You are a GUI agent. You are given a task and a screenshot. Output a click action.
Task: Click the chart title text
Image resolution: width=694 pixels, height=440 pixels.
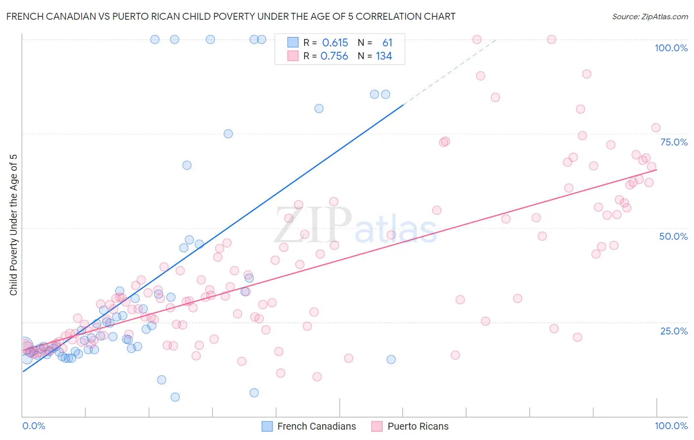(231, 16)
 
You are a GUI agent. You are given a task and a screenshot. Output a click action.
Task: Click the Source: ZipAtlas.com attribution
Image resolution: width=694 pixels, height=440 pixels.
(650, 16)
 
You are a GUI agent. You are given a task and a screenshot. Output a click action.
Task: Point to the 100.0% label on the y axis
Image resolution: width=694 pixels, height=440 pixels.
(671, 48)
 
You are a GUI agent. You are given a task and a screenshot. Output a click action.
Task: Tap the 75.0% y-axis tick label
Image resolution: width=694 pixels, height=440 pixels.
(674, 142)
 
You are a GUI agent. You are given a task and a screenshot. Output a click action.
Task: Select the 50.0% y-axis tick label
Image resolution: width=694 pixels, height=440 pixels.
(673, 236)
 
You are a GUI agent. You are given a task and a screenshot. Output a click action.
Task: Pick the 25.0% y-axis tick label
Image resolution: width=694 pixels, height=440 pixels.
(674, 330)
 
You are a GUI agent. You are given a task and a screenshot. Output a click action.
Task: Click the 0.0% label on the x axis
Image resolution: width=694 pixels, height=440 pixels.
(34, 426)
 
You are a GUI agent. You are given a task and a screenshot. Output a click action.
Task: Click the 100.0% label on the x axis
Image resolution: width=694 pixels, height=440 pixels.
(671, 426)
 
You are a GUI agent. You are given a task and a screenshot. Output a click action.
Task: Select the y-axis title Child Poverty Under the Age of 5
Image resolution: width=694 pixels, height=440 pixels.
(14, 225)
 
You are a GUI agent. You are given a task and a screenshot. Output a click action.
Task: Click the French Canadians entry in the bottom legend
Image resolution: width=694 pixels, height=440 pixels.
(316, 426)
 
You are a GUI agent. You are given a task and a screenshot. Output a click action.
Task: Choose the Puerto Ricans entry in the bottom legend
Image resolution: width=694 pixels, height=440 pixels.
(418, 426)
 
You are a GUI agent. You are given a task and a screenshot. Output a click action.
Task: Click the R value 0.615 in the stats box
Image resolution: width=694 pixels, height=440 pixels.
(335, 43)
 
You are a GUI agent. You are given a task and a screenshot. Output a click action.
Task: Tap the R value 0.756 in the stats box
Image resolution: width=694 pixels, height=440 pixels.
(334, 56)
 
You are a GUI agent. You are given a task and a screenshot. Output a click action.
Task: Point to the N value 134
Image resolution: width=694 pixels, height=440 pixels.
(384, 56)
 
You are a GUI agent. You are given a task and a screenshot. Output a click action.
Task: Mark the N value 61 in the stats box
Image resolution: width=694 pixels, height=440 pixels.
(387, 43)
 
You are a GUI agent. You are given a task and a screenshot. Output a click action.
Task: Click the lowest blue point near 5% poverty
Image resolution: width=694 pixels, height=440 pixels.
(175, 397)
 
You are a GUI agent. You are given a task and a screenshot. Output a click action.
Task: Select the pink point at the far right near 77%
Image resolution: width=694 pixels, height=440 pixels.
(655, 128)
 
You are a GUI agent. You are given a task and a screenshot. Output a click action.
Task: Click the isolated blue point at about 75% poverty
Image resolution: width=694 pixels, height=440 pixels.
(228, 134)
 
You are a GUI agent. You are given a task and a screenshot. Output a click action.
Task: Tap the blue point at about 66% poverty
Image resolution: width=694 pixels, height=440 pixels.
(187, 165)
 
